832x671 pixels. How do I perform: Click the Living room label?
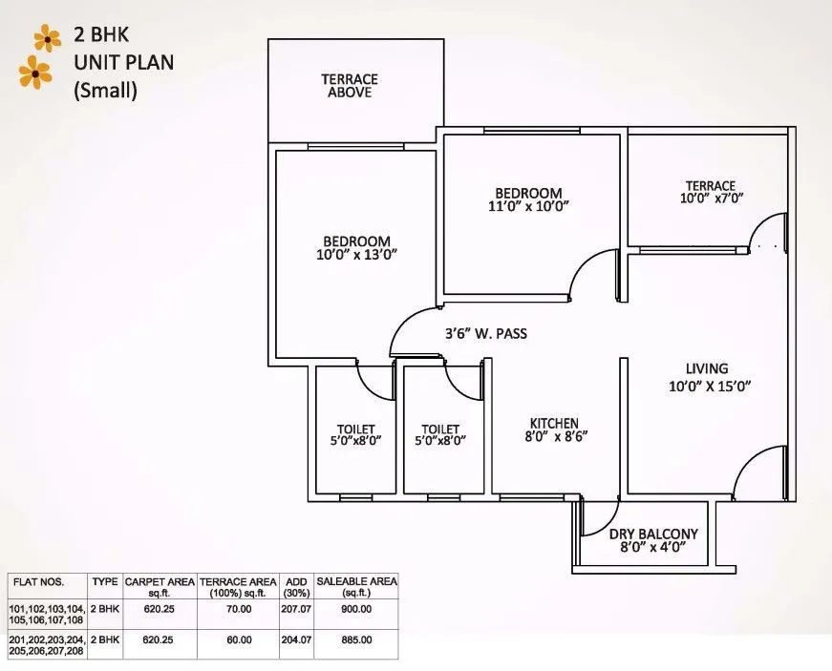(x=706, y=368)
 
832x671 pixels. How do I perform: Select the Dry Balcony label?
(x=653, y=534)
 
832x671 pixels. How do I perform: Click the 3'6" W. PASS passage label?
(x=486, y=334)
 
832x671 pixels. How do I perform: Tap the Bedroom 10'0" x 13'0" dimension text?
(x=356, y=254)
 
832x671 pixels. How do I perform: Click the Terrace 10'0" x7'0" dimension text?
(x=710, y=199)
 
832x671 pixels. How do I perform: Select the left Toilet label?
(x=355, y=429)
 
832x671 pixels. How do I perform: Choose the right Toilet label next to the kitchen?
(x=440, y=429)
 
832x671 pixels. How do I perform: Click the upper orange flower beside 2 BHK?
(x=47, y=38)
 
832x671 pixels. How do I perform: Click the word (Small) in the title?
(x=106, y=93)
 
